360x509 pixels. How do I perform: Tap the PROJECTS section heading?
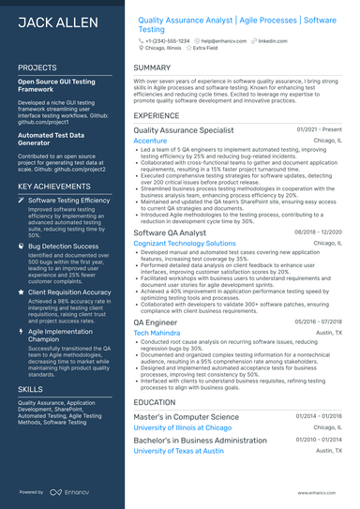37,68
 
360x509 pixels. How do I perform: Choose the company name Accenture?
151,141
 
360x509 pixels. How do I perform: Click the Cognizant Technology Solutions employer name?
185,243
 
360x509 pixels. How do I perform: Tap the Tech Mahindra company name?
156,333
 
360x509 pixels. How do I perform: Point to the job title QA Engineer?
156,322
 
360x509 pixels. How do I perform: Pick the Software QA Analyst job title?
170,232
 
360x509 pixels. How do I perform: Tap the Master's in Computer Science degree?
194,415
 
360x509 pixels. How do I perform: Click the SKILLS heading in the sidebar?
30,387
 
